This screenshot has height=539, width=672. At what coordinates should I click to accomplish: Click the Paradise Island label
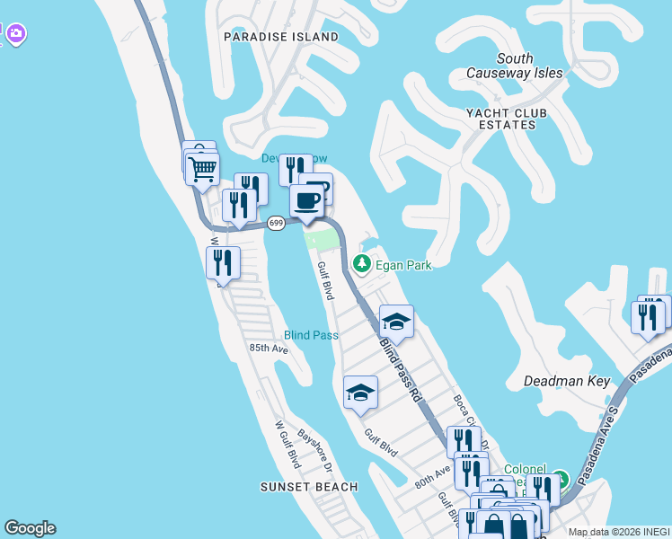click(x=281, y=37)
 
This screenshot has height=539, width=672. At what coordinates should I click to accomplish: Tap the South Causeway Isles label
click(x=515, y=66)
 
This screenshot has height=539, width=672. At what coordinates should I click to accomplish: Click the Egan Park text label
click(x=404, y=265)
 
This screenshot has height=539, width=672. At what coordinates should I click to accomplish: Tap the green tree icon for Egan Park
click(x=362, y=264)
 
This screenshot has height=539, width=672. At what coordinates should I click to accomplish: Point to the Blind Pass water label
click(x=311, y=335)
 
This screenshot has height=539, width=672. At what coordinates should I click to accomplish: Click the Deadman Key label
click(x=567, y=381)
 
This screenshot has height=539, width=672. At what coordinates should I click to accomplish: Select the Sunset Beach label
click(x=309, y=487)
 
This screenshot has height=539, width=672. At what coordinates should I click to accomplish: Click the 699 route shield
click(x=277, y=223)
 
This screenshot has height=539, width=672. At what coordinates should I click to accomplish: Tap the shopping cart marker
click(x=204, y=167)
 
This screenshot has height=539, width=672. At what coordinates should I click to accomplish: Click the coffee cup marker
click(x=307, y=200)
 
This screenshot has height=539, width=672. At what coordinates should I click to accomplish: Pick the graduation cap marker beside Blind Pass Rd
click(x=395, y=321)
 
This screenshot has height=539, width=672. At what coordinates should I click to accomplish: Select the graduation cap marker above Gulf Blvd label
click(x=360, y=392)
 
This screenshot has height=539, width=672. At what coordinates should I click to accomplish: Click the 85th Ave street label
click(x=268, y=348)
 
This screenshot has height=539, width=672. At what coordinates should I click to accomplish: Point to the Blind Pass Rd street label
click(x=400, y=368)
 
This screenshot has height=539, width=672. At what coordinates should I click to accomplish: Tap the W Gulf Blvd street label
click(x=287, y=444)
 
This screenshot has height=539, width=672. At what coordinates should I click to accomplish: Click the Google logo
click(x=30, y=528)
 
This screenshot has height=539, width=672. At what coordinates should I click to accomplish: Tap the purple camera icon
click(x=15, y=35)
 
